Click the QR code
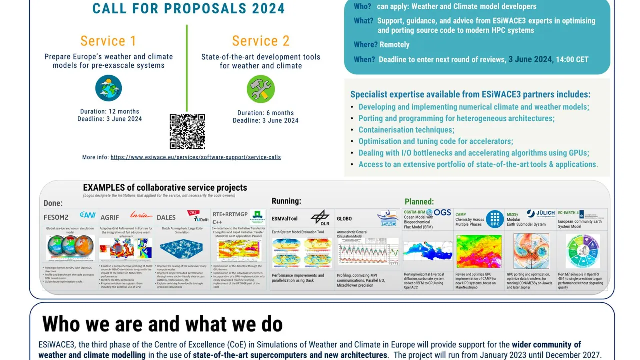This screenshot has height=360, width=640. click(x=187, y=131)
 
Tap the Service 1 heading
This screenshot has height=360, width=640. click(x=108, y=41)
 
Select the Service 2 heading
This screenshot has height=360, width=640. click(x=261, y=41)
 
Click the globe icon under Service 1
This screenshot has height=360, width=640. click(x=108, y=88)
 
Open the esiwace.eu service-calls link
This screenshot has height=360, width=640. click(x=196, y=157)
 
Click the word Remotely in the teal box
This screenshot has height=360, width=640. click(x=394, y=45)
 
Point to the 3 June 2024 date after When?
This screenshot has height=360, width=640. click(x=530, y=59)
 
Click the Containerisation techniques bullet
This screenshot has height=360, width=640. click(x=406, y=130)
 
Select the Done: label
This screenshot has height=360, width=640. click(x=53, y=203)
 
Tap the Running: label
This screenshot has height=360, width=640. click(x=286, y=201)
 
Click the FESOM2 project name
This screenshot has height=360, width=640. click(x=56, y=217)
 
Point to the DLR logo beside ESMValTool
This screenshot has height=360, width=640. click(x=320, y=217)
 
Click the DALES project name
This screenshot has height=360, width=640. click(x=166, y=217)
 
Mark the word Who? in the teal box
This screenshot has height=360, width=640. click(x=362, y=7)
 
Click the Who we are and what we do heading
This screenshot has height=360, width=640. click(x=162, y=324)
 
